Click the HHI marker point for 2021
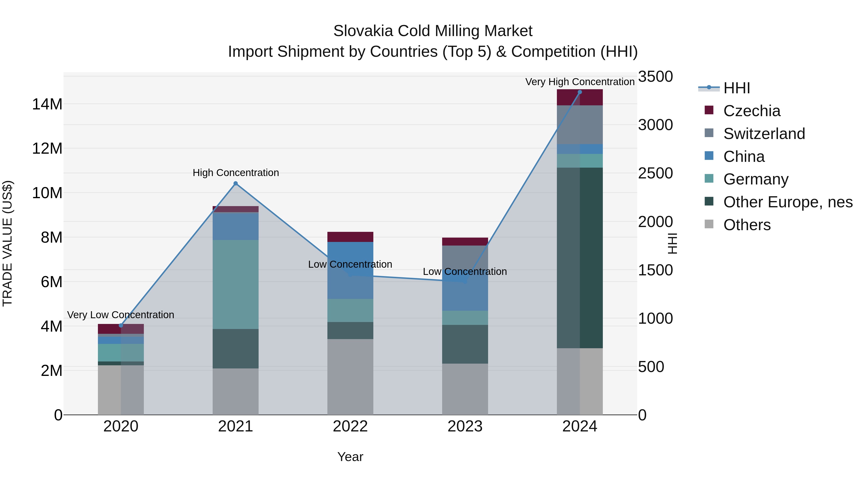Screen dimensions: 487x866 236,183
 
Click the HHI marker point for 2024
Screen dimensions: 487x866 579,92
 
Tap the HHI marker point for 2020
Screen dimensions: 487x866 121,325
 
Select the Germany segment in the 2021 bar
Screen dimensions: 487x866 236,284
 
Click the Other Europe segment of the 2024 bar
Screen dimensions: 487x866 579,258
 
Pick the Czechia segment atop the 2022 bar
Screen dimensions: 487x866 350,237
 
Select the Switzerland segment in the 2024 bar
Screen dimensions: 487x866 579,125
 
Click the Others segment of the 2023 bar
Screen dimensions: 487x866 465,389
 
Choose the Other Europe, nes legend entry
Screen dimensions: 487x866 788,202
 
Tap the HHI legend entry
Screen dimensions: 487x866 736,88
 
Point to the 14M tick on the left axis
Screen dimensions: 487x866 47,104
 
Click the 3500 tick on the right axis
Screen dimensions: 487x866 655,77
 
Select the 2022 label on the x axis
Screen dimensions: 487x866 350,426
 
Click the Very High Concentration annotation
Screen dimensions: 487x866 579,82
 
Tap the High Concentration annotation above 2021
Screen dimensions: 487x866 236,173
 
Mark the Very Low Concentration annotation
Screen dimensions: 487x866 121,315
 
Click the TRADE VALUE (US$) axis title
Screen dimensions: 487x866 7,243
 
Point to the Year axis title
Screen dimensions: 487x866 350,457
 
